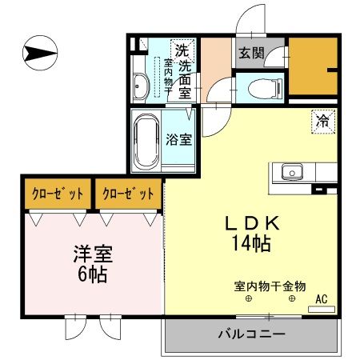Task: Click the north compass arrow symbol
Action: (39, 54)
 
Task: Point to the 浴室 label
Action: (178, 139)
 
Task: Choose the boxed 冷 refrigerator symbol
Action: (323, 122)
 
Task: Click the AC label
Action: (322, 300)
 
